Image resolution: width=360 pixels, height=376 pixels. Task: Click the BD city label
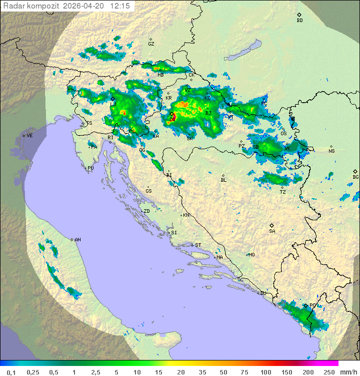click(x=299, y=21)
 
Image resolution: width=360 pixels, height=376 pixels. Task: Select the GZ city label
click(x=151, y=44)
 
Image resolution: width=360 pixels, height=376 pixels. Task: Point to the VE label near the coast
click(x=29, y=136)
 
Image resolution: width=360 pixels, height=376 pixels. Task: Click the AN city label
click(x=77, y=240)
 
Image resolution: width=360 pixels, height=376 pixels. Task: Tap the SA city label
click(x=272, y=231)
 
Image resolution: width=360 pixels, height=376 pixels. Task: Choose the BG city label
click(x=355, y=177)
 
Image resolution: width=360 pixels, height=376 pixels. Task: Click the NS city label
click(x=331, y=151)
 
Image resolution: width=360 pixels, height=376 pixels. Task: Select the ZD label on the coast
click(x=146, y=211)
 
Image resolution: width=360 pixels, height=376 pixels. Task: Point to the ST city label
click(x=198, y=245)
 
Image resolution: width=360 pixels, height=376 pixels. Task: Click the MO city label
click(x=251, y=255)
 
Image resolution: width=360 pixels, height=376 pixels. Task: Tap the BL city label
click(x=223, y=180)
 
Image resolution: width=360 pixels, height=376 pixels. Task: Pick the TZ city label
click(x=282, y=192)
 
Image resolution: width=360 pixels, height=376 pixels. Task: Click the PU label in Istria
click(x=90, y=168)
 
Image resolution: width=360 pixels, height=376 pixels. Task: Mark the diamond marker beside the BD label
click(x=299, y=15)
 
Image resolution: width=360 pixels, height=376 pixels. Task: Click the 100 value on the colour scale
click(x=265, y=372)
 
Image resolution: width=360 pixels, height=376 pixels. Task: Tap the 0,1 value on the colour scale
click(x=11, y=372)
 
